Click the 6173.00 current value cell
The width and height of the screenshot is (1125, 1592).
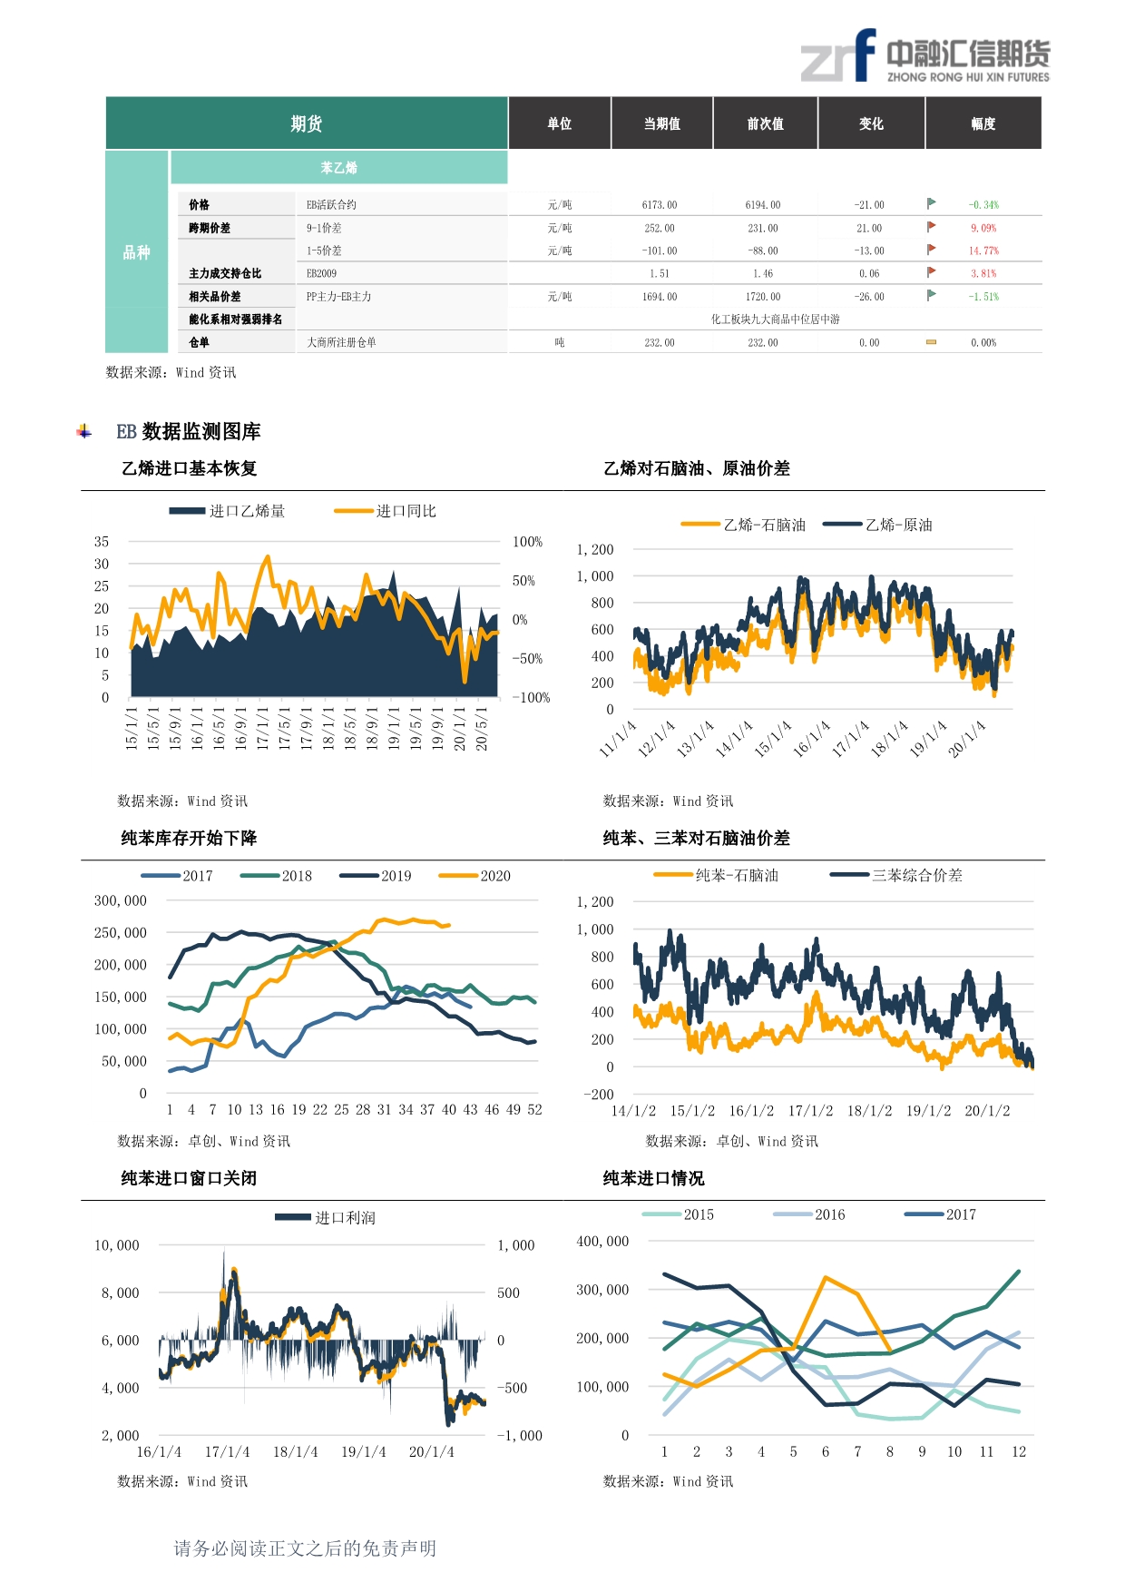coord(660,205)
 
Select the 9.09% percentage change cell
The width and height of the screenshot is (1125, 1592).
coord(983,228)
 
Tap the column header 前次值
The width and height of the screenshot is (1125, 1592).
coord(765,123)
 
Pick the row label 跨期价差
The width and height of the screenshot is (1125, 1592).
coord(210,228)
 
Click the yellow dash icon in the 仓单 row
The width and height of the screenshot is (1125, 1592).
coord(931,342)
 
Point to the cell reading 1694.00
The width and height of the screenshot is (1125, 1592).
coord(660,297)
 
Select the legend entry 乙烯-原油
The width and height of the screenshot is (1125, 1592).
coord(897,525)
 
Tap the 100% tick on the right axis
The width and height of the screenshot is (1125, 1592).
coord(527,542)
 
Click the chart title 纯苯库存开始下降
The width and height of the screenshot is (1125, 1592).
coord(189,838)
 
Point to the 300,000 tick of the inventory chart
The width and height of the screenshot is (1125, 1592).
coord(121,900)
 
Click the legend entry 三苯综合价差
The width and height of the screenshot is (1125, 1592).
coord(916,875)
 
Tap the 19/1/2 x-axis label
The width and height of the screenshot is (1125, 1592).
coord(928,1111)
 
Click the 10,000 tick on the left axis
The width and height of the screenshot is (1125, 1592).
coord(117,1245)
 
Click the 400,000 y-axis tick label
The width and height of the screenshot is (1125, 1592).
coord(602,1241)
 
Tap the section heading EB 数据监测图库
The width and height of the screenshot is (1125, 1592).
coord(188,431)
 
